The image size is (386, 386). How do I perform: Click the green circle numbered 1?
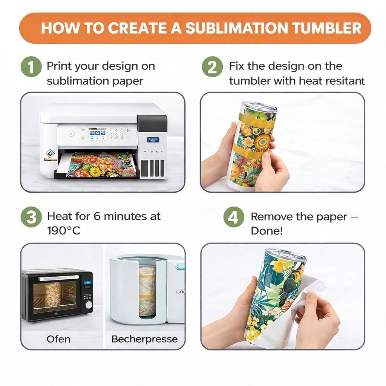31,67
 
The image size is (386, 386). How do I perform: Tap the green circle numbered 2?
212,67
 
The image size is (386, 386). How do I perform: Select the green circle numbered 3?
31,217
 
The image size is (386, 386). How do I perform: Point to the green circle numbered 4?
234,217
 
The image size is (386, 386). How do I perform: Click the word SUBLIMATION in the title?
237,28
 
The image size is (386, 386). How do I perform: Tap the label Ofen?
58,339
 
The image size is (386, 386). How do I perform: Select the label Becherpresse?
144,339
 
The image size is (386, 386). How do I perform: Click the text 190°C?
64,231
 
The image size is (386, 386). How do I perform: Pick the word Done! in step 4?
267,231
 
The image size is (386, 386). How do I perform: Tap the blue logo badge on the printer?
153,140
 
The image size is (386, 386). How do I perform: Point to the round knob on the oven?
88,305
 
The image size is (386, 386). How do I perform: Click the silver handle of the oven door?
58,278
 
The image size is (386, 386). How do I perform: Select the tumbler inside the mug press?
147,291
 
